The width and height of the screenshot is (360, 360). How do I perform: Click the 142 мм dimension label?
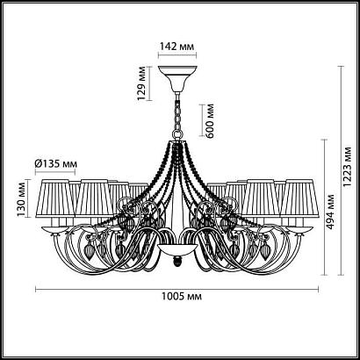click(177, 46)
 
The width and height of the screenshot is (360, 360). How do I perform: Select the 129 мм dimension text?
click(141, 83)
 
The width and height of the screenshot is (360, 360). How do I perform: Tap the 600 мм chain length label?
click(210, 120)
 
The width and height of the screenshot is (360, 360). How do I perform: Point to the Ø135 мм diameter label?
click(55, 164)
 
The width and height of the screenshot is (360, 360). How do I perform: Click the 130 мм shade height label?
click(21, 198)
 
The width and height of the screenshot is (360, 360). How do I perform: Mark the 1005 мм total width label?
click(182, 297)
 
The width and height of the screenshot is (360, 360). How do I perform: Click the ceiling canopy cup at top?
click(177, 78)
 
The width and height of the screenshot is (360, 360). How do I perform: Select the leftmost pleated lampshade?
click(55, 198)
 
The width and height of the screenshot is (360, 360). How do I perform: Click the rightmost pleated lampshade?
click(299, 198)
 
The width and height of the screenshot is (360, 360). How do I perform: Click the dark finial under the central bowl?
click(176, 261)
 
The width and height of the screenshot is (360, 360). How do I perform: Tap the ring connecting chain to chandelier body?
click(177, 135)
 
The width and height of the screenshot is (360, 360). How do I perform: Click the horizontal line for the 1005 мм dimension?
click(176, 290)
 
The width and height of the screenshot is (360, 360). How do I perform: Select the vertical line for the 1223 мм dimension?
click(341, 170)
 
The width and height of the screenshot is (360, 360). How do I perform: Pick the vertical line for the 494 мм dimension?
click(324, 207)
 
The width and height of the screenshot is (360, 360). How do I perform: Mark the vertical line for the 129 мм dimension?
click(149, 83)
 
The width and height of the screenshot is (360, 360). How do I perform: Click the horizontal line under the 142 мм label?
click(177, 54)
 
